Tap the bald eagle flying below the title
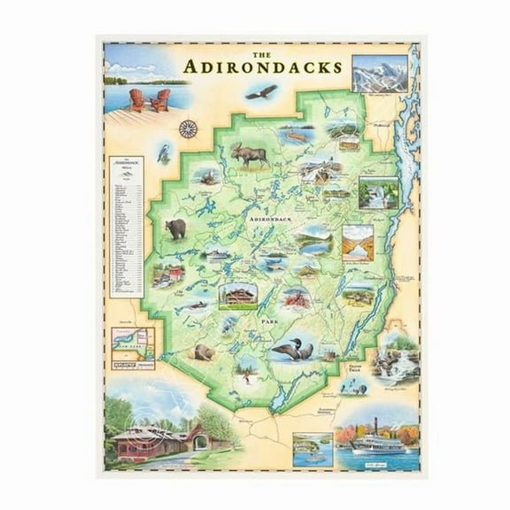point(261,91)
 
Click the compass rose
point(187,128)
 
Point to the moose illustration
point(250,154)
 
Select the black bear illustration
point(176,229)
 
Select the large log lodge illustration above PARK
point(239,295)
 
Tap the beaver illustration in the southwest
point(205,352)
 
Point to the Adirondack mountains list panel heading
point(126,166)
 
